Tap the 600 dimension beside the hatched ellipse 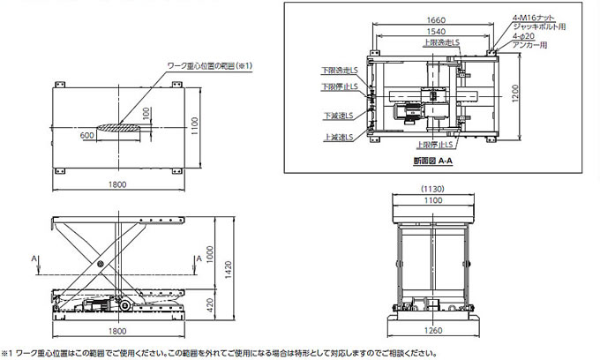86,136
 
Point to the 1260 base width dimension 431,333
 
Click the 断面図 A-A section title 432,161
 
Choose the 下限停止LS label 338,86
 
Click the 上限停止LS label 437,145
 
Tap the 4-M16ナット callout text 534,17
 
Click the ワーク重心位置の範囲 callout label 210,65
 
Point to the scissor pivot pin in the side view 100,266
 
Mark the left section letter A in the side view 34,259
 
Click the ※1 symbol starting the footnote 8,353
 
